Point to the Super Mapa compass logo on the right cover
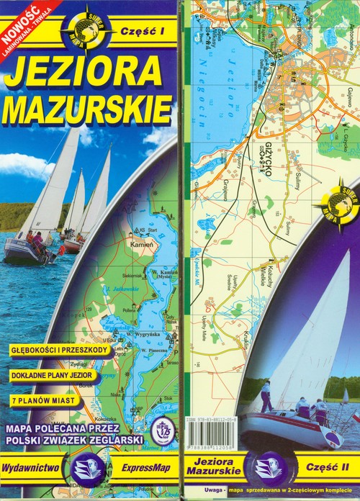pyautogui.click(x=336, y=204)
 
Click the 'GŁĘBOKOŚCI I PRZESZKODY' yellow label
pyautogui.click(x=60, y=350)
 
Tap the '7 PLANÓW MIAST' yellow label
pyautogui.click(x=42, y=400)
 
